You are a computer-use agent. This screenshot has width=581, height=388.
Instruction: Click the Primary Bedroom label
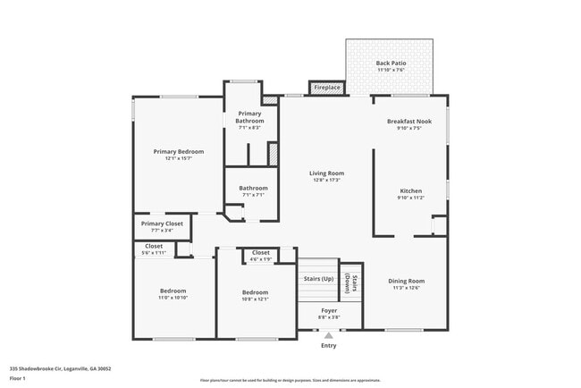tap(178, 152)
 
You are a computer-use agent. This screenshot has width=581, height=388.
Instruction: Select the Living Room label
tap(326, 173)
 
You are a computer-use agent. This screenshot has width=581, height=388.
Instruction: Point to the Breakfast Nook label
tap(409, 121)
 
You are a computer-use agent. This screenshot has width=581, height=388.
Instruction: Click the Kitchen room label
tap(410, 191)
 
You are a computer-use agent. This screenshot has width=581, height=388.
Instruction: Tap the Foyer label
tap(329, 310)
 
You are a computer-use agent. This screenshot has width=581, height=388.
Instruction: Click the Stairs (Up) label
tap(318, 279)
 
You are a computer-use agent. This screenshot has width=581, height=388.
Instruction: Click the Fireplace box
tap(326, 87)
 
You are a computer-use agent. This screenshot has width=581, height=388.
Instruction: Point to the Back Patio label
tap(390, 63)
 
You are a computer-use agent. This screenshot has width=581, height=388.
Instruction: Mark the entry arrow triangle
tap(329, 335)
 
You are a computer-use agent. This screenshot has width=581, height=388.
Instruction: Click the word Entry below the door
tap(329, 345)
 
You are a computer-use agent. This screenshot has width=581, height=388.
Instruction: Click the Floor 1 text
tap(17, 378)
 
